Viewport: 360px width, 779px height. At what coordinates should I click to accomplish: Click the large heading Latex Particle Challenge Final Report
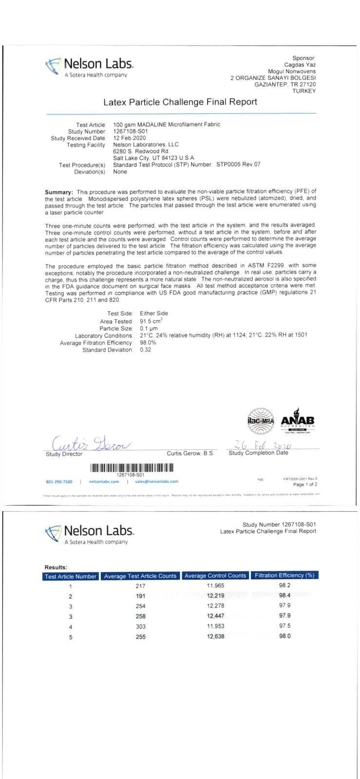click(x=180, y=102)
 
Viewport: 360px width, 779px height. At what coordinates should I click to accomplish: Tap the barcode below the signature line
click(x=131, y=468)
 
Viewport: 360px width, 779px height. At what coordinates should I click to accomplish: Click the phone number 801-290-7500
click(x=59, y=482)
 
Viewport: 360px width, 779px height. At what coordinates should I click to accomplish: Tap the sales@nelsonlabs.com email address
click(x=156, y=482)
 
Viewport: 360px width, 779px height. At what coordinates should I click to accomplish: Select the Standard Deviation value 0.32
click(x=145, y=350)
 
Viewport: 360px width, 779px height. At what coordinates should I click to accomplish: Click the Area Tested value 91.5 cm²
click(x=151, y=321)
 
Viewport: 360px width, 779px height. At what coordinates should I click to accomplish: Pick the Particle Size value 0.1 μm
click(x=149, y=329)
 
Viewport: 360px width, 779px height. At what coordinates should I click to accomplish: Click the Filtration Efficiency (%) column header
click(x=284, y=575)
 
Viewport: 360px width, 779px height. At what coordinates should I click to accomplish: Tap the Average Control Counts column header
click(x=215, y=575)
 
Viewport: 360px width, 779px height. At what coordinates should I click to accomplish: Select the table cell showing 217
click(x=140, y=586)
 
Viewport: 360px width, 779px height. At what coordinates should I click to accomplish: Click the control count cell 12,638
click(x=215, y=637)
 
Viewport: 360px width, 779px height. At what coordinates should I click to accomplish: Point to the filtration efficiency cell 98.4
click(x=284, y=596)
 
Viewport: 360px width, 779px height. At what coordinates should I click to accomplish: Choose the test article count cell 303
click(x=140, y=627)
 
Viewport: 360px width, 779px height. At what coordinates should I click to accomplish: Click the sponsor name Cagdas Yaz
click(x=300, y=65)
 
